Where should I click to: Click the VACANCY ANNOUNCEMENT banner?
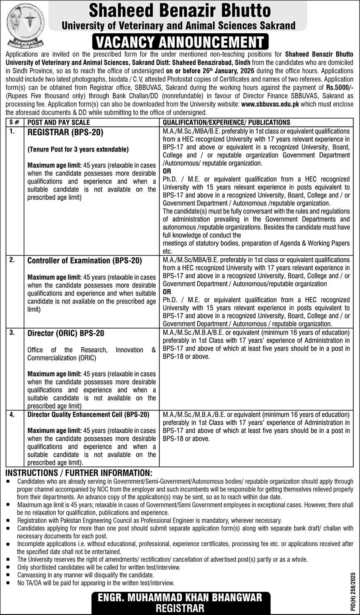pyautogui.click(x=179, y=42)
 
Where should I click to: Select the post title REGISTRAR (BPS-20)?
pyautogui.click(x=65, y=132)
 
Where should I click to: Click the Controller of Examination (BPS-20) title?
pyautogui.click(x=84, y=261)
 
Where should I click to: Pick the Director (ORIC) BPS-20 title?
pyautogui.click(x=66, y=334)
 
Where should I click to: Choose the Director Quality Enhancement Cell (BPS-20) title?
pyautogui.click(x=88, y=415)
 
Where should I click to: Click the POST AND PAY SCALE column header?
pyautogui.click(x=59, y=122)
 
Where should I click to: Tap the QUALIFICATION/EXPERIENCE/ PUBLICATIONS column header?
pyautogui.click(x=226, y=122)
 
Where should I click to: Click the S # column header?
pyautogui.click(x=14, y=122)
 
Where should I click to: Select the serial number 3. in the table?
pyautogui.click(x=12, y=333)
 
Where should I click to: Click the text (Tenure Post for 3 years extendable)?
pyautogui.click(x=78, y=149)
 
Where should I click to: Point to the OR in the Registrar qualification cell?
pyautogui.click(x=167, y=171)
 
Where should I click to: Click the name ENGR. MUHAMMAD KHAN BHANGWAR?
pyautogui.click(x=179, y=598)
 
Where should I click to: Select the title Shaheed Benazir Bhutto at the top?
pyautogui.click(x=179, y=10)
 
